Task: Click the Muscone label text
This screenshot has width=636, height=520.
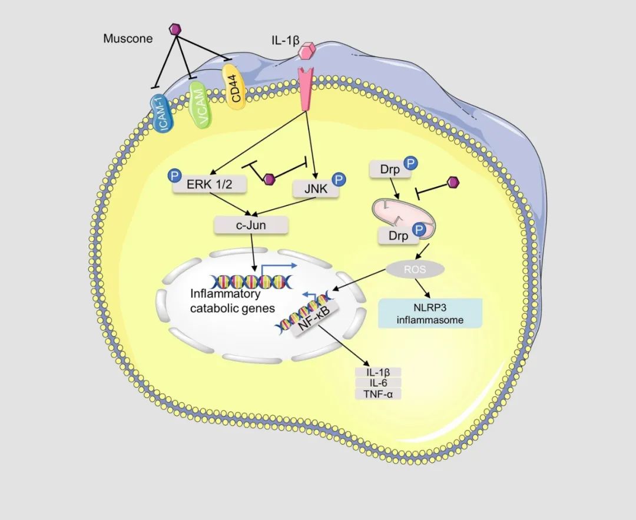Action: click(x=128, y=39)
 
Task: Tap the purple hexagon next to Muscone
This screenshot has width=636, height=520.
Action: click(x=175, y=28)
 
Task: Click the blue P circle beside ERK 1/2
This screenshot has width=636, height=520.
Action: click(x=175, y=175)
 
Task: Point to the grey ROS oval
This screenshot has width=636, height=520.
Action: click(x=415, y=269)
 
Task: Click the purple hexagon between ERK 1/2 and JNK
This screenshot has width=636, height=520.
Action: click(x=269, y=178)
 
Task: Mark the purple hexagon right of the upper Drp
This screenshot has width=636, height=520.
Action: click(x=453, y=183)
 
